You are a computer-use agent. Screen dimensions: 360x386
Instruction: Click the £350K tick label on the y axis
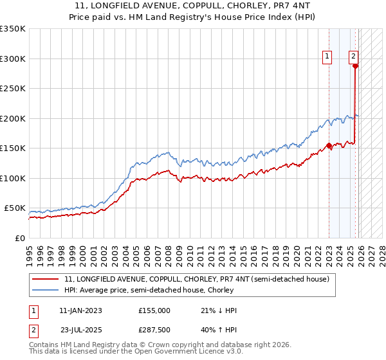13,29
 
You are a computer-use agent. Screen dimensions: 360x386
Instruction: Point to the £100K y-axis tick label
13,178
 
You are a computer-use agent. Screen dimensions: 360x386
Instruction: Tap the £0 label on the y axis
19,238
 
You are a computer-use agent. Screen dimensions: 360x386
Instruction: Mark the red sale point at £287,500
356,66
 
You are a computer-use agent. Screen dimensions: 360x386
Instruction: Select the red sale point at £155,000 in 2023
329,145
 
